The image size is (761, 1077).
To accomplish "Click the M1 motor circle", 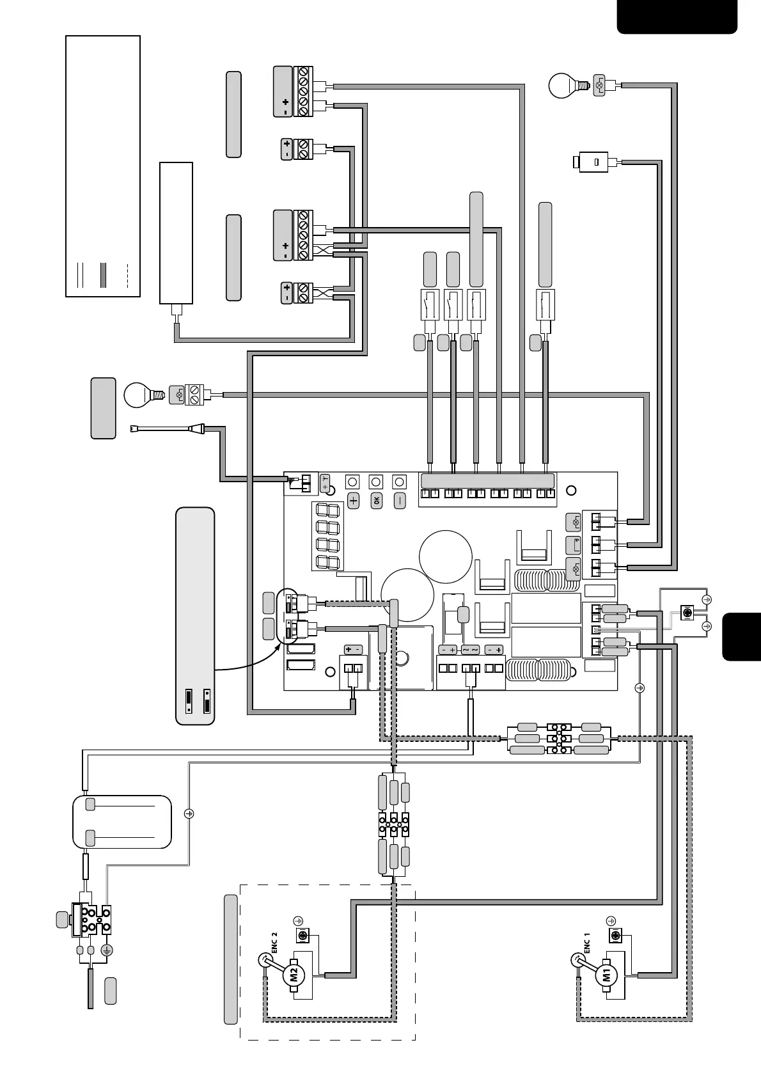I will coord(606,975).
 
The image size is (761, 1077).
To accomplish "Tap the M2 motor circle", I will coord(294,975).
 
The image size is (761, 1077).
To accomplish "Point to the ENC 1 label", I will coord(587,943).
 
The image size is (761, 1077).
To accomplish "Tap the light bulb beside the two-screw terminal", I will coord(139,395).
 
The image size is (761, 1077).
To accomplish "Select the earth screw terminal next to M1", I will coord(615,937).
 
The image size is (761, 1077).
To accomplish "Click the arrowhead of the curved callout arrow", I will coord(279,643).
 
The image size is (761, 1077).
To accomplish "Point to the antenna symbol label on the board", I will coord(325,483).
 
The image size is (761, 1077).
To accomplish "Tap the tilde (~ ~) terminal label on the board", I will coord(470,650).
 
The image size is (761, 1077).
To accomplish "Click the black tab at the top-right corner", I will coord(677,17).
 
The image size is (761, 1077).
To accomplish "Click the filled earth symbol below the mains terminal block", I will coord(107,950).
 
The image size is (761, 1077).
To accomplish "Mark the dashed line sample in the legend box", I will coord(128,275).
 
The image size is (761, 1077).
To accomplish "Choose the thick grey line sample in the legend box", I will coord(103,275).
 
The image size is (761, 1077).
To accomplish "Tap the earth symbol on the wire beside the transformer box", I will coord(189,814).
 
